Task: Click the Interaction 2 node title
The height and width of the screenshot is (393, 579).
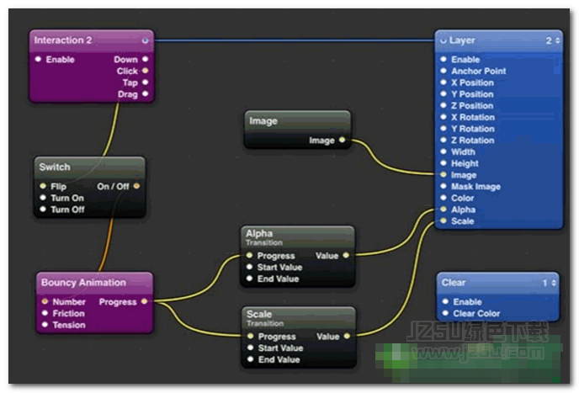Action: (x=63, y=40)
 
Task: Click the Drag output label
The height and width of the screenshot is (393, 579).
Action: (x=128, y=94)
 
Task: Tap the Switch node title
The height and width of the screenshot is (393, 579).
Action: (x=56, y=167)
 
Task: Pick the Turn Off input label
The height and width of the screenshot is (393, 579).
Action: (x=67, y=210)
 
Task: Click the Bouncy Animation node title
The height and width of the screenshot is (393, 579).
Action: (x=83, y=283)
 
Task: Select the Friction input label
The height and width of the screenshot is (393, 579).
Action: (x=68, y=313)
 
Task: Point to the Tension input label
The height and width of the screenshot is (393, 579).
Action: (x=68, y=325)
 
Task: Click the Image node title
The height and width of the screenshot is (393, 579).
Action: (x=263, y=121)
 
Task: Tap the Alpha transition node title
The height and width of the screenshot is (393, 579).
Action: (x=259, y=233)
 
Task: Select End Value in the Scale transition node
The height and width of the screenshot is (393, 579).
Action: (x=279, y=359)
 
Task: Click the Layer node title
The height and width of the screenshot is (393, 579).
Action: (x=462, y=40)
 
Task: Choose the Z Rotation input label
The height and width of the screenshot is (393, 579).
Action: (x=472, y=141)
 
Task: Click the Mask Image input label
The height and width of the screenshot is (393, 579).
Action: (x=475, y=187)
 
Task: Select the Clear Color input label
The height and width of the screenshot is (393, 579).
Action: (x=476, y=313)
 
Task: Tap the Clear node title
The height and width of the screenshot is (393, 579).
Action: (x=454, y=283)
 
